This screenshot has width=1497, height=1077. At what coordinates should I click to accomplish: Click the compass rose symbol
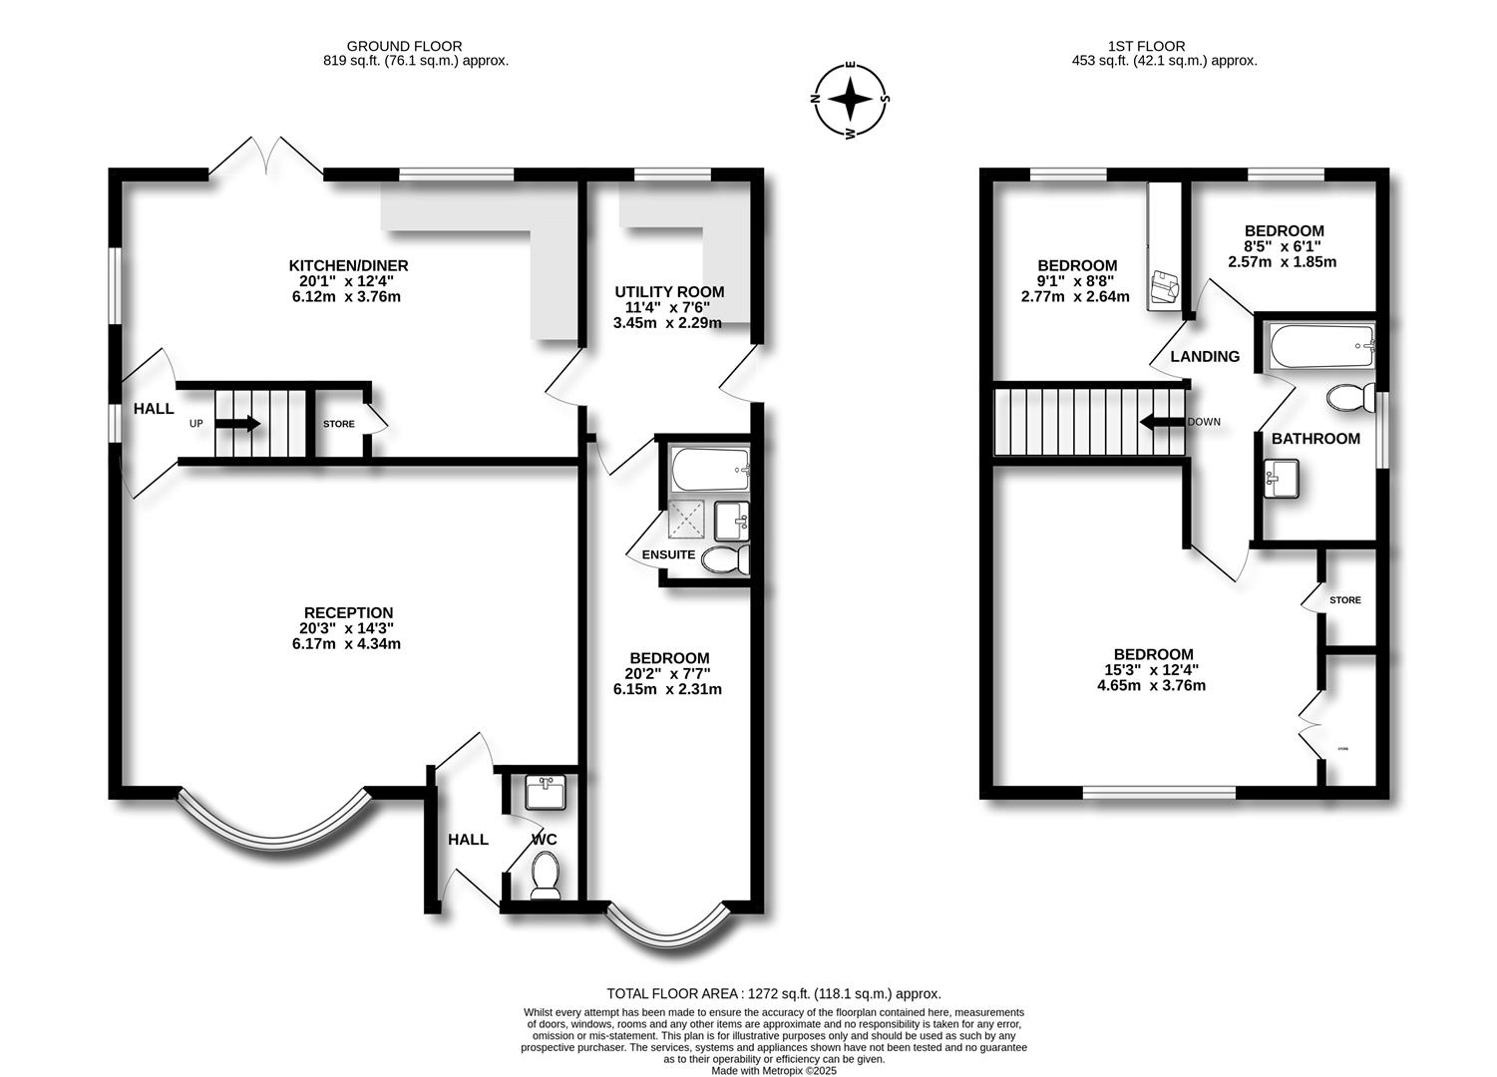(850, 100)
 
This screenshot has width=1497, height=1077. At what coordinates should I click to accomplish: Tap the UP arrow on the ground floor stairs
(237, 423)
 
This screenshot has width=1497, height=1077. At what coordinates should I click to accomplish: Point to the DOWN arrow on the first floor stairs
(1162, 422)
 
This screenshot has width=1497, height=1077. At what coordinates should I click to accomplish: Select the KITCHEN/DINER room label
(348, 265)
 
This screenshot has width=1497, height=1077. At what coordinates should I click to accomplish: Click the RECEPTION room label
(348, 612)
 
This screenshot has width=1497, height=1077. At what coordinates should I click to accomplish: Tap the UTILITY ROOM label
(669, 292)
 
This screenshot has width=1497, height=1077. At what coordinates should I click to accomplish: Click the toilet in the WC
(546, 878)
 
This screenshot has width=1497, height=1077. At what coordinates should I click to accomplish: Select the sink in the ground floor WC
(546, 792)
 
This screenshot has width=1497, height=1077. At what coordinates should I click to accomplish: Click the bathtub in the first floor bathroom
(1321, 345)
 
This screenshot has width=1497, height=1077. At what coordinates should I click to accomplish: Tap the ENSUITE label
(668, 554)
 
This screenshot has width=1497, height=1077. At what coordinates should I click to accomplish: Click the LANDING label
(1205, 357)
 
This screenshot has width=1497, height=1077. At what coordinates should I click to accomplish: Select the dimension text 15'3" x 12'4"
(1152, 670)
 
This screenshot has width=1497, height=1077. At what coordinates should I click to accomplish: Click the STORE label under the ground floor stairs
(339, 424)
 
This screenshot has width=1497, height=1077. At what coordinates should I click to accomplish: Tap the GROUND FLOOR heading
(404, 46)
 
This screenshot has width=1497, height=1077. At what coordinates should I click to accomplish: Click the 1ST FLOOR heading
(1146, 46)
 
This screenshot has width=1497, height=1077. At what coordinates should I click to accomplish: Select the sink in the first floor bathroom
(1282, 479)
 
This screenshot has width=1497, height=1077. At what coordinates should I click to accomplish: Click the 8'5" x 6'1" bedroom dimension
(1283, 246)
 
